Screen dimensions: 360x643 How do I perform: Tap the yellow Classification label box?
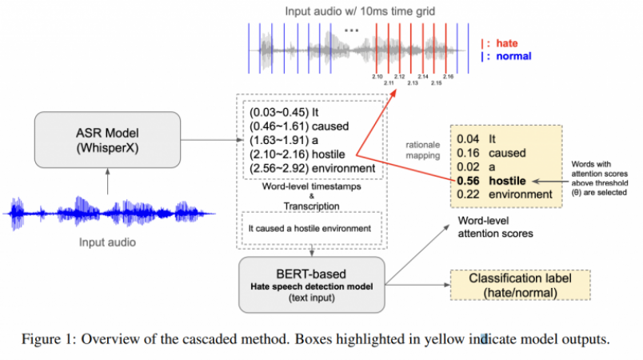[520, 286]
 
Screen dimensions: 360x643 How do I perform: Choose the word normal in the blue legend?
[513, 56]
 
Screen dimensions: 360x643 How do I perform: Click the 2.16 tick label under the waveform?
[448, 77]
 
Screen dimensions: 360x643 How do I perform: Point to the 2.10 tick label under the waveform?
[379, 77]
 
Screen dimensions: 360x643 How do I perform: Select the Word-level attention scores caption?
[489, 228]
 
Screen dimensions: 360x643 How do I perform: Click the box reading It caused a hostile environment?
[309, 227]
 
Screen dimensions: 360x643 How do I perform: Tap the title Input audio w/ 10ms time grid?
[350, 10]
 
